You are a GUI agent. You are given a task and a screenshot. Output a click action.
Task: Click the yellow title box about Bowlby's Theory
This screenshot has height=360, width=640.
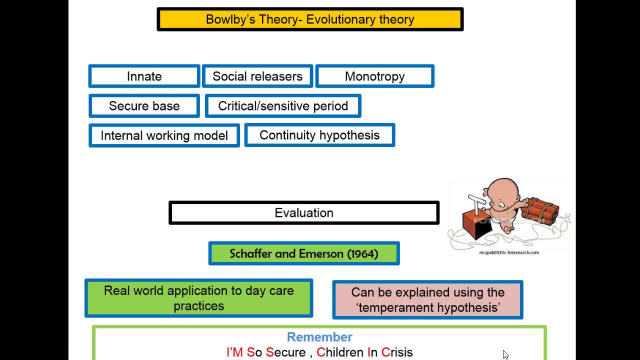tap(310, 19)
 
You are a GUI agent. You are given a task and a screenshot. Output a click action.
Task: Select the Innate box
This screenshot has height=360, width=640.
tap(144, 76)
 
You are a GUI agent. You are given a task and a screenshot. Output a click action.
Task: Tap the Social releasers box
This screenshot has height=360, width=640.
tap(257, 76)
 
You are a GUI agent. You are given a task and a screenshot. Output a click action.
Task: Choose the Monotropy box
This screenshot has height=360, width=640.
tap(374, 76)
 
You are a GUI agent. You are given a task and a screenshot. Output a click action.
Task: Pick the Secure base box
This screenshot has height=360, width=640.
tap(144, 106)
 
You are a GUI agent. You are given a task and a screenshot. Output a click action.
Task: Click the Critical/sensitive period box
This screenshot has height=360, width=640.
tap(283, 106)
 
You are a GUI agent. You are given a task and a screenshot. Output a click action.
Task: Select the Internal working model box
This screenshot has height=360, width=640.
tap(164, 135)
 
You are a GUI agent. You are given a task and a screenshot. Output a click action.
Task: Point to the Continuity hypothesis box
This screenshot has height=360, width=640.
tap(319, 135)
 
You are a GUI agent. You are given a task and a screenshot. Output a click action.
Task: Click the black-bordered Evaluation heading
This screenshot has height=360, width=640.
tap(304, 213)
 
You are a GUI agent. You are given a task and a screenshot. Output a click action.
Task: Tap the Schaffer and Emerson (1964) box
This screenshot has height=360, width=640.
tap(304, 253)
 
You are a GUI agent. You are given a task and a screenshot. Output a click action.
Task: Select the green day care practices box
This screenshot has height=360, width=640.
tap(198, 298)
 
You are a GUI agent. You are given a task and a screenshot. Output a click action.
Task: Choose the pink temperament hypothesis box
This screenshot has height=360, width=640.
tap(427, 299)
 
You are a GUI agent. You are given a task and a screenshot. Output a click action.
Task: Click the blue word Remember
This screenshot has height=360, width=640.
tap(319, 337)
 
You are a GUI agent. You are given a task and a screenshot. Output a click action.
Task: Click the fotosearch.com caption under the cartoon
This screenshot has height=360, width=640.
tap(509, 252)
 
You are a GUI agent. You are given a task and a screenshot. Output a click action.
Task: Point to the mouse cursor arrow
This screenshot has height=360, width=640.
tap(505, 354)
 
